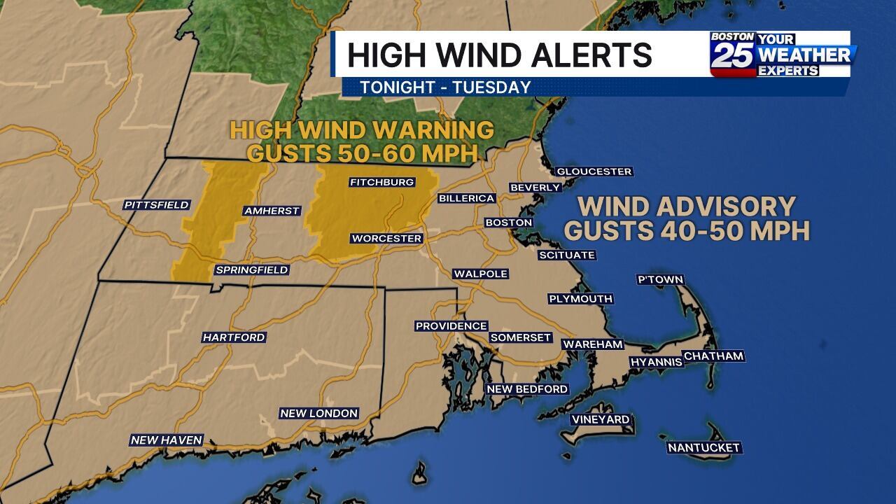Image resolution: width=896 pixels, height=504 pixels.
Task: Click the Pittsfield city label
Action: click(157, 205)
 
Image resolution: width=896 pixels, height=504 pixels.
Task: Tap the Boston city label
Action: click(509, 223)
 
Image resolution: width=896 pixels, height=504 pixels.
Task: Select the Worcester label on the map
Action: click(386, 239)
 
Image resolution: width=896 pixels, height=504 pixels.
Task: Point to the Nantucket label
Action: click(703, 447)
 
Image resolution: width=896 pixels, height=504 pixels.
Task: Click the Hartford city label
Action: click(234, 337)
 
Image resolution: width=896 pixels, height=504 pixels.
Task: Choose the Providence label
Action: click(451, 326)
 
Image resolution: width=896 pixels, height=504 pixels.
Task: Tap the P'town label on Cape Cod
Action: click(659, 279)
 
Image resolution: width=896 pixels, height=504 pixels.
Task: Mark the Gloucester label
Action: click(594, 171)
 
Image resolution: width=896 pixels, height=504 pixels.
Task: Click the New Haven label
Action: click(166, 440)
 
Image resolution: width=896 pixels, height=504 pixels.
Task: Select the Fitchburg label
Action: click(381, 183)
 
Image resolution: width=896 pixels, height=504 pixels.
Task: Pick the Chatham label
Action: click(713, 356)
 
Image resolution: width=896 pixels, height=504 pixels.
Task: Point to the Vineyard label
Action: click(601, 419)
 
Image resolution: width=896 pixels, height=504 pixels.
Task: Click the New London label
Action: click(318, 414)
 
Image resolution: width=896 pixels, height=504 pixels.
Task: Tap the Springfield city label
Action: click(251, 270)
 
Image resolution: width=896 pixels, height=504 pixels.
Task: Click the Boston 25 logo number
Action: click(732, 56)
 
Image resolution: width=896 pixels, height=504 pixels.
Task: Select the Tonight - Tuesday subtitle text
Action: click(445, 87)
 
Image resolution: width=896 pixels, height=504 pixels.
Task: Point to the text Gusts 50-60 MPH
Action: click(362, 153)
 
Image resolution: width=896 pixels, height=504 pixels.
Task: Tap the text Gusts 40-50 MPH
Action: click(687, 230)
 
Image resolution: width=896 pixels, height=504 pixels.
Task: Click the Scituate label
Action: click(566, 255)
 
